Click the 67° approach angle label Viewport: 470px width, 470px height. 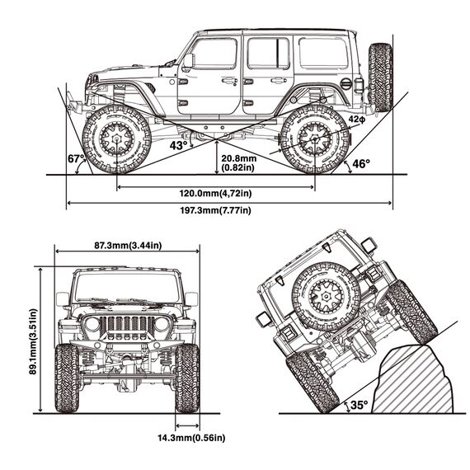coord(75,159)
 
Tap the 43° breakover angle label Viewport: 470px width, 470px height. coord(178,146)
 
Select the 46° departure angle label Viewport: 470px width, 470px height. coord(361,164)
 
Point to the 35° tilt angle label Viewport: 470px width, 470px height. coord(359,405)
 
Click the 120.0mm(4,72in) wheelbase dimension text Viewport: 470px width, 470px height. coord(215,193)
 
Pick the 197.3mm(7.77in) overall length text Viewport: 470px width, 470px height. coord(215,210)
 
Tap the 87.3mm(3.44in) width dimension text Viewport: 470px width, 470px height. coord(128,246)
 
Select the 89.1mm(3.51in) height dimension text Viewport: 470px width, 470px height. coord(33,341)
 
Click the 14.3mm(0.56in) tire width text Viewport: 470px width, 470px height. coord(191,438)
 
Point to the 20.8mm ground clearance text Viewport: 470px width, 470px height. coord(239,158)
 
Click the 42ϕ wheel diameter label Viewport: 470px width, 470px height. coord(357,120)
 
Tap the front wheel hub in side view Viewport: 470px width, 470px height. coord(116,139)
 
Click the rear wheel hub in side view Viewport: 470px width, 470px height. coord(315,139)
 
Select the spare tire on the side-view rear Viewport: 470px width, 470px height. coord(380,78)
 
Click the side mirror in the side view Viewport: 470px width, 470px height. coord(188,61)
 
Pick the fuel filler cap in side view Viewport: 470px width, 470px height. coord(345,83)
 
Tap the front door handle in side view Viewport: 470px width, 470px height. coord(229,81)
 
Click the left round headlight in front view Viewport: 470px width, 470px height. coord(92,325)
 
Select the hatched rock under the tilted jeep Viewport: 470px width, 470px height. coord(414,381)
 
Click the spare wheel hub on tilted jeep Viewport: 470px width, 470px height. coord(326,297)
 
